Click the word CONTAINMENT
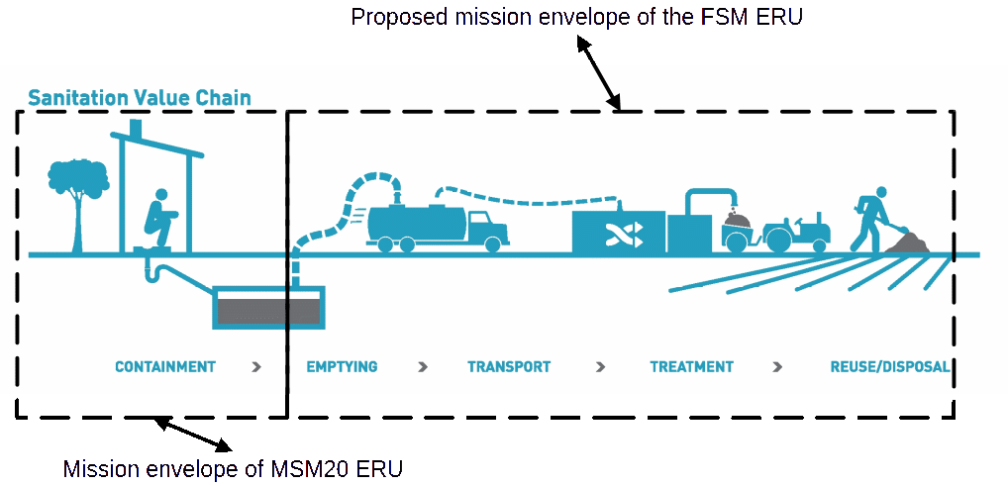click(165, 367)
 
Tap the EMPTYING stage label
click(342, 367)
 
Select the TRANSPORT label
click(509, 367)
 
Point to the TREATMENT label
click(692, 367)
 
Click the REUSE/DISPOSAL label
click(890, 367)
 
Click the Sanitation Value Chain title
click(140, 98)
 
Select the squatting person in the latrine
click(159, 218)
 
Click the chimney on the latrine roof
click(136, 128)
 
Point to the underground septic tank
click(268, 307)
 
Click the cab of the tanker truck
click(486, 229)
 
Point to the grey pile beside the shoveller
click(907, 243)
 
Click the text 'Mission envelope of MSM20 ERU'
click(233, 468)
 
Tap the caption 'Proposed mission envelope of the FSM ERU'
click(576, 17)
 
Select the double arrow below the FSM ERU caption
click(598, 72)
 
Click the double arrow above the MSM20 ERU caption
click(193, 435)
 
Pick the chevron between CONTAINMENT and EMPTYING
click(257, 367)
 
